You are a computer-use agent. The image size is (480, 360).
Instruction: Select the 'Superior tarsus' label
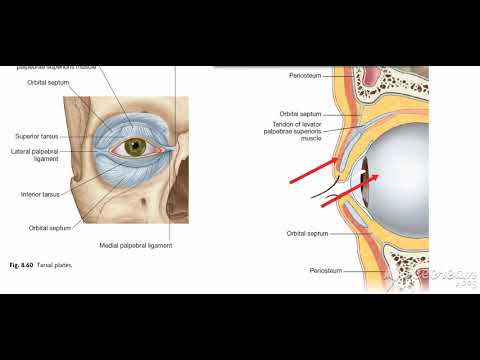pyautogui.click(x=37, y=135)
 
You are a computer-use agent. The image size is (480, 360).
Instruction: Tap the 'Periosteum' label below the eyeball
pyautogui.click(x=326, y=270)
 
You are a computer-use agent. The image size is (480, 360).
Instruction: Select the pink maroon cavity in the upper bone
pyautogui.click(x=395, y=84)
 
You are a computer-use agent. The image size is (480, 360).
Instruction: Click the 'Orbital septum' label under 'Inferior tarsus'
pyautogui.click(x=48, y=227)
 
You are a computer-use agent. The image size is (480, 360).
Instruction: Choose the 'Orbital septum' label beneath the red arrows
pyautogui.click(x=307, y=233)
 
